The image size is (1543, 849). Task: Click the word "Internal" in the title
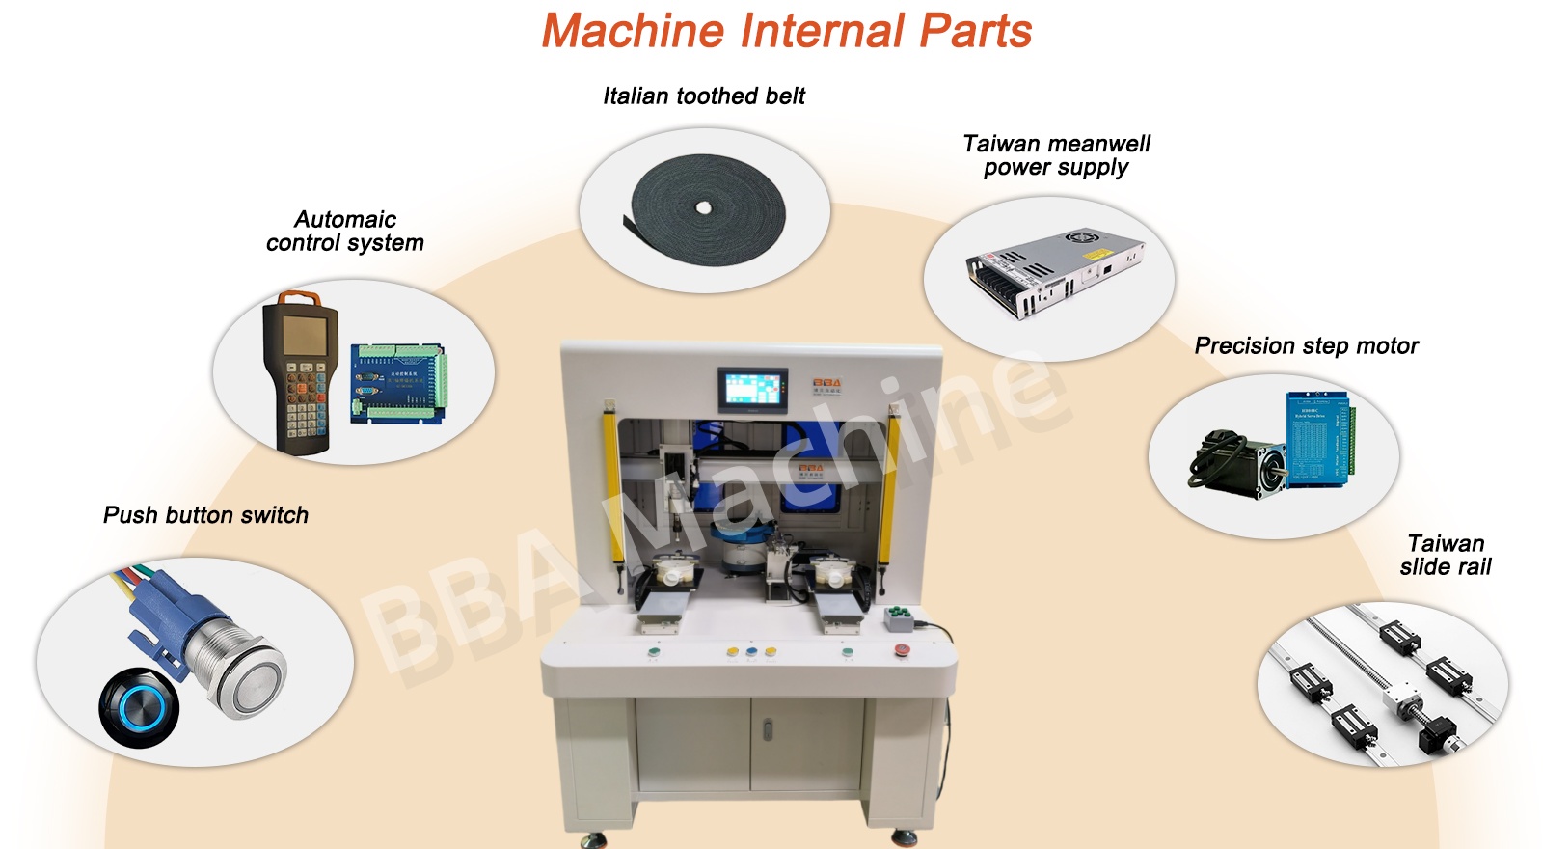(x=823, y=31)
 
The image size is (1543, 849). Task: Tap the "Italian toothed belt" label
(x=704, y=96)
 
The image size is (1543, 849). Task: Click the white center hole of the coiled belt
(x=703, y=207)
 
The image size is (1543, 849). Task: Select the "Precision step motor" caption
(x=1307, y=346)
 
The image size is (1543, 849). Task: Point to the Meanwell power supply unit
(x=1055, y=274)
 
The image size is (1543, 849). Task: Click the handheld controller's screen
(x=305, y=335)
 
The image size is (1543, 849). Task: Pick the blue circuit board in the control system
(x=399, y=384)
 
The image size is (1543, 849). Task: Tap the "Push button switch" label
(x=206, y=515)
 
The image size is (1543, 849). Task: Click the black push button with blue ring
(x=139, y=708)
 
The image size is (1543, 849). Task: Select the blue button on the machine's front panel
(x=751, y=651)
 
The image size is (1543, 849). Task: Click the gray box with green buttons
(x=899, y=618)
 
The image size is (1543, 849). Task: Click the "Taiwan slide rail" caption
(x=1446, y=555)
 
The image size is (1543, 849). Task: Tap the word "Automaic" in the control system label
(x=345, y=219)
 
